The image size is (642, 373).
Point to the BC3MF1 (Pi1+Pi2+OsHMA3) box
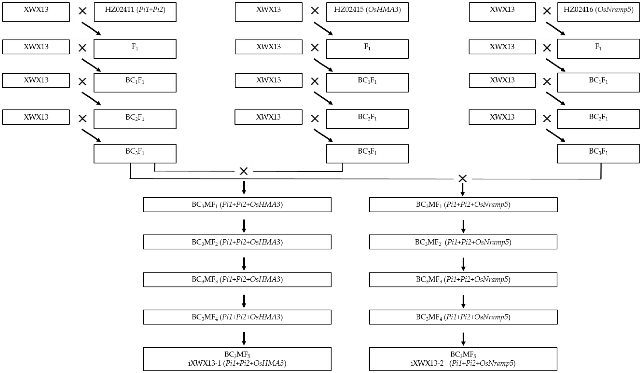point(237,205)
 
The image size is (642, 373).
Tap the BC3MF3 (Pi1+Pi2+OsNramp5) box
point(463,279)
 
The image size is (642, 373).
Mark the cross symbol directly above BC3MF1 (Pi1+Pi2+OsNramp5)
point(462,179)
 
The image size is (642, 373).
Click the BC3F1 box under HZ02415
point(367,154)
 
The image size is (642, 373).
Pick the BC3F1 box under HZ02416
point(598,154)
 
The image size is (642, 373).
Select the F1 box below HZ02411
point(135,49)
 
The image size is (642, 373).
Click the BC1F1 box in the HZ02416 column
point(598,82)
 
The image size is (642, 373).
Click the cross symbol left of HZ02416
point(547,11)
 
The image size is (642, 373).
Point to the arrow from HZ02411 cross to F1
point(91,28)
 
